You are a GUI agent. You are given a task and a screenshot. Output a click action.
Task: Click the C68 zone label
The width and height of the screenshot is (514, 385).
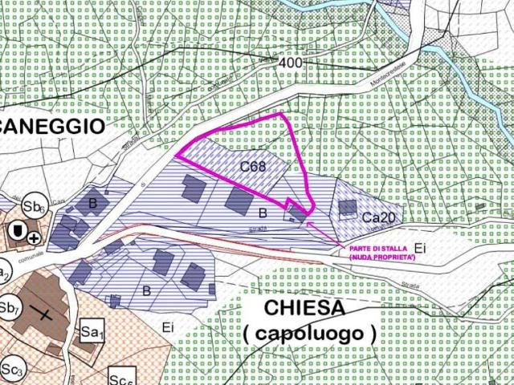252,168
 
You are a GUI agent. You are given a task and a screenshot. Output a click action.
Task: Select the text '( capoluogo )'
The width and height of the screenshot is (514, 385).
309,332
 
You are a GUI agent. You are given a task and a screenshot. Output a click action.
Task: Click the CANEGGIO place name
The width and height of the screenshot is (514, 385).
51,126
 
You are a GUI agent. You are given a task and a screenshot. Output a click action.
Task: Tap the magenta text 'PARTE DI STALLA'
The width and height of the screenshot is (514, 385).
378,249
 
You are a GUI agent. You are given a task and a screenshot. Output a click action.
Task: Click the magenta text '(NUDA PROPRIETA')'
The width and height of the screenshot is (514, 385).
381,257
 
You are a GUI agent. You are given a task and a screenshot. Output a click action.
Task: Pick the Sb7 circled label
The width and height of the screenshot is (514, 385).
10,306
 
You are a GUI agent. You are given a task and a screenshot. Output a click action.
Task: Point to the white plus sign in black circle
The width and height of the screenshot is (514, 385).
33,238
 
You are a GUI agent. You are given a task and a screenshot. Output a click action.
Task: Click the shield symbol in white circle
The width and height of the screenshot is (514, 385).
14,231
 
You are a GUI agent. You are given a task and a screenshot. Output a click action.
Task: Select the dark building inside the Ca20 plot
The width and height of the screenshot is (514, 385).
347,208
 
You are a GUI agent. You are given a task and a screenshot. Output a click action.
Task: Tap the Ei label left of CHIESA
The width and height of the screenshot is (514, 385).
167,326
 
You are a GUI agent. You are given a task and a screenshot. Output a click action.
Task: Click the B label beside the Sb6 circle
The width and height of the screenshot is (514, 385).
92,204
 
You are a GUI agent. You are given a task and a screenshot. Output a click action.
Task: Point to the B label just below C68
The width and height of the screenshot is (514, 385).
262,213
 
